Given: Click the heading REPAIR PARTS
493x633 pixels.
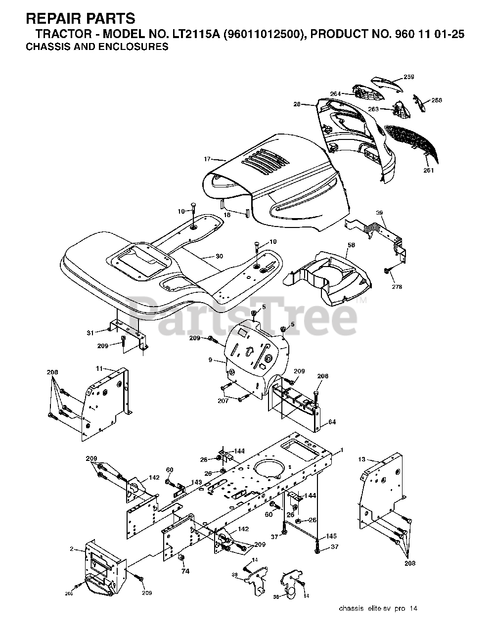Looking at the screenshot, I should click(x=80, y=19).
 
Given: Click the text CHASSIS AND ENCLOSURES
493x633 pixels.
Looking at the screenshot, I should click(x=96, y=47).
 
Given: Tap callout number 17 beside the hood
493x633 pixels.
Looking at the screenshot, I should click(x=207, y=159).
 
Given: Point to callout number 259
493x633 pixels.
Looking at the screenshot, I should click(x=408, y=77).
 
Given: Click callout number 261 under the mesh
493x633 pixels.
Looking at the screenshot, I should click(x=428, y=171).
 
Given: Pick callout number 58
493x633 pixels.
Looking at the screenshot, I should click(x=351, y=245).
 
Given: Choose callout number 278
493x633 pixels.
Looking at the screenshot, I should click(x=397, y=287).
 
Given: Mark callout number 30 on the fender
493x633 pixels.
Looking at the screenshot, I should click(x=220, y=256).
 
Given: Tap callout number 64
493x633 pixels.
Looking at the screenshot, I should click(x=332, y=422).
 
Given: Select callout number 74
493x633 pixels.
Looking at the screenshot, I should click(x=185, y=571).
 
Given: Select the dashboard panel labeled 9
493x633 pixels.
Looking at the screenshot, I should click(x=255, y=354).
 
